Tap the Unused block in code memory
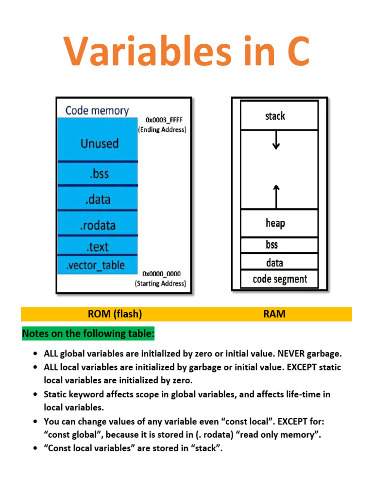(x=99, y=143)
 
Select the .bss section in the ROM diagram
(x=99, y=174)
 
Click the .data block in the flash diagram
(x=99, y=199)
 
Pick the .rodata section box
(x=99, y=225)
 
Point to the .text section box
(x=99, y=247)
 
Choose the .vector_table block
(x=96, y=265)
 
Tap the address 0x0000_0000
(x=161, y=274)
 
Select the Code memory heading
(x=97, y=110)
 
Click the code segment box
(x=280, y=279)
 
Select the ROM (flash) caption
(x=115, y=314)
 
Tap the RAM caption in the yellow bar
(x=274, y=314)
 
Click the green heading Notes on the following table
(x=88, y=334)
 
